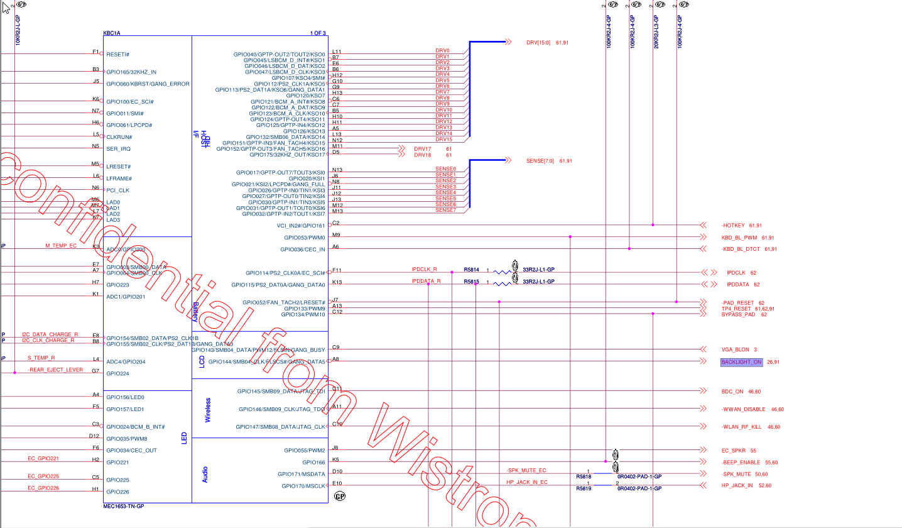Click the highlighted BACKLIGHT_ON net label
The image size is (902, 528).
(x=741, y=362)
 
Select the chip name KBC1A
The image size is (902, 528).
(x=112, y=33)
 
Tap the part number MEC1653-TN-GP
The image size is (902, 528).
(x=124, y=506)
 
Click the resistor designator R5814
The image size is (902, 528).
(x=471, y=270)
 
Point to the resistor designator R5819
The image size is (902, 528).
(x=584, y=488)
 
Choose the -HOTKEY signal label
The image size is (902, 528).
(x=733, y=225)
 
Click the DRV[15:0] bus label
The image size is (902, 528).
(x=538, y=42)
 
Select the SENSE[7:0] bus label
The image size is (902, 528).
(x=540, y=161)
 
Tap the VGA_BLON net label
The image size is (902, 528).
(x=735, y=349)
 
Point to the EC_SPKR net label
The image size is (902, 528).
(x=734, y=450)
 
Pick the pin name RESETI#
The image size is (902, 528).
(x=118, y=54)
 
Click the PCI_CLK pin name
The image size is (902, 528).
(x=117, y=190)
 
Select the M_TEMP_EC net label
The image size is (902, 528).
(x=60, y=245)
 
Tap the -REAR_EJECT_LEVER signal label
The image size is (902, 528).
(x=56, y=370)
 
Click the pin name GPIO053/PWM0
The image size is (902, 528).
(x=304, y=238)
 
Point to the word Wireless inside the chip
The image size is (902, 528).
(x=208, y=409)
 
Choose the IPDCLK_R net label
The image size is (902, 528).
(x=425, y=270)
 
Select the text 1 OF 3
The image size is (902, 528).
(x=318, y=33)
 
